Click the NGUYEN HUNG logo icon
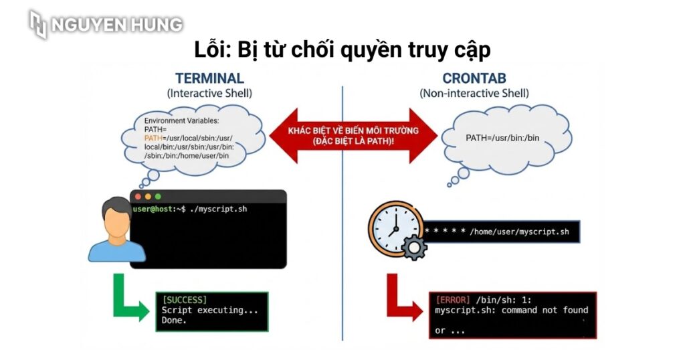click(39, 24)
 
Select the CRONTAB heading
click(474, 78)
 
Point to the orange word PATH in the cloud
click(153, 138)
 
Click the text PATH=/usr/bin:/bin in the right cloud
click(504, 138)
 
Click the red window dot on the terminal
click(138, 197)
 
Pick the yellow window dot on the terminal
click(148, 197)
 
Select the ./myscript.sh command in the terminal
click(219, 209)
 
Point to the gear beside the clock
click(415, 249)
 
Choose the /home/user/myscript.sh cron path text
click(519, 232)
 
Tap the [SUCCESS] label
click(185, 300)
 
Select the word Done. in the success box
click(175, 321)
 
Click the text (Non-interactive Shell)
click(474, 94)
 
